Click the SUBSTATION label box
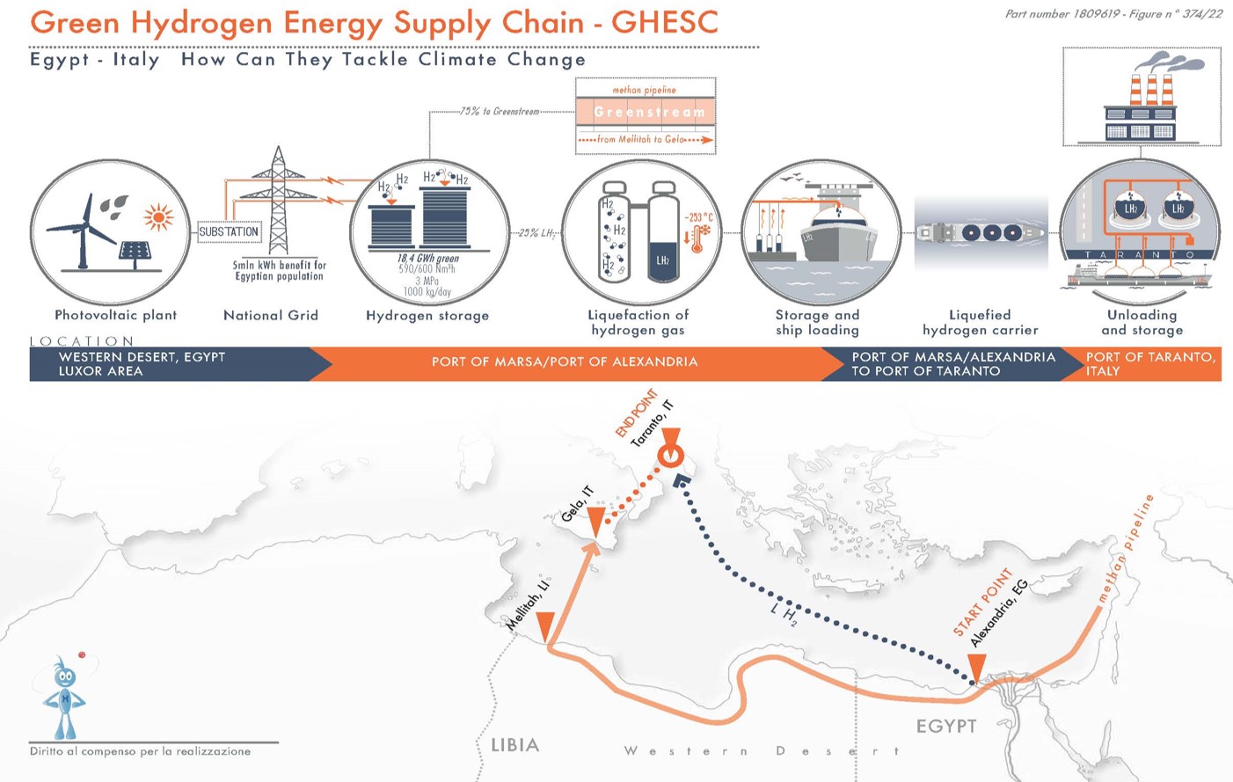coord(229,232)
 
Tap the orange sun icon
coord(158,216)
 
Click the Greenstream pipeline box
coord(646,112)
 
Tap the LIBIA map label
coord(514,745)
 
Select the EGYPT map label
coord(946,726)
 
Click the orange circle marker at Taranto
coord(671,455)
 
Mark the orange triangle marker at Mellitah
coord(545,626)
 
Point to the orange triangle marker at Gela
coord(595,521)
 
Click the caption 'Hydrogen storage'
coord(427,315)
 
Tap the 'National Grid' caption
coord(271,315)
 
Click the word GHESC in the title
coord(664,22)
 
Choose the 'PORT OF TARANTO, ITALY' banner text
coord(1149,363)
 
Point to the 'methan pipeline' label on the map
coord(1125,550)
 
